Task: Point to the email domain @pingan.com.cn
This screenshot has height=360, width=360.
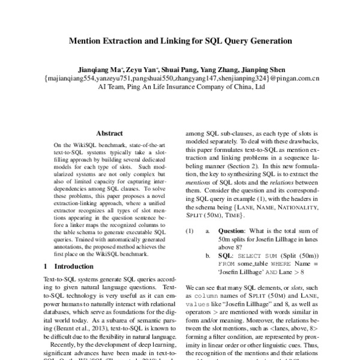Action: tap(295, 78)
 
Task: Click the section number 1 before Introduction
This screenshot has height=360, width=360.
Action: tap(47, 266)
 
